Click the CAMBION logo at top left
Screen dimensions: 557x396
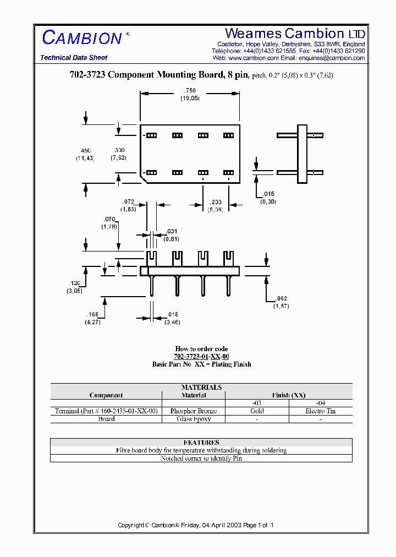tap(82, 37)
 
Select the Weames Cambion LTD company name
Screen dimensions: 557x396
tap(295, 34)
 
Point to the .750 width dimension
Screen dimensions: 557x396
tap(190, 90)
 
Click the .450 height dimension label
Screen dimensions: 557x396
tap(85, 150)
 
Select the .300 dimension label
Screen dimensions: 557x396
tap(119, 150)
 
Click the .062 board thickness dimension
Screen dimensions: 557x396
tap(281, 299)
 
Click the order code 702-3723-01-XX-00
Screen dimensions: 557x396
tap(201, 357)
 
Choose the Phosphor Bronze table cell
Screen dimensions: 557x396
tap(194, 411)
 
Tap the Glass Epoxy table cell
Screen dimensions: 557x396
tap(194, 419)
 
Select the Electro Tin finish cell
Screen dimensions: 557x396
tap(320, 411)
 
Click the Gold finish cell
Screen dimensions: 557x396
tap(257, 411)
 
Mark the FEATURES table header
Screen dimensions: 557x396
tap(201, 442)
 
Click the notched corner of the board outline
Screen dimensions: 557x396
tap(145, 177)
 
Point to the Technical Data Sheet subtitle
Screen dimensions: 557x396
tap(74, 58)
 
